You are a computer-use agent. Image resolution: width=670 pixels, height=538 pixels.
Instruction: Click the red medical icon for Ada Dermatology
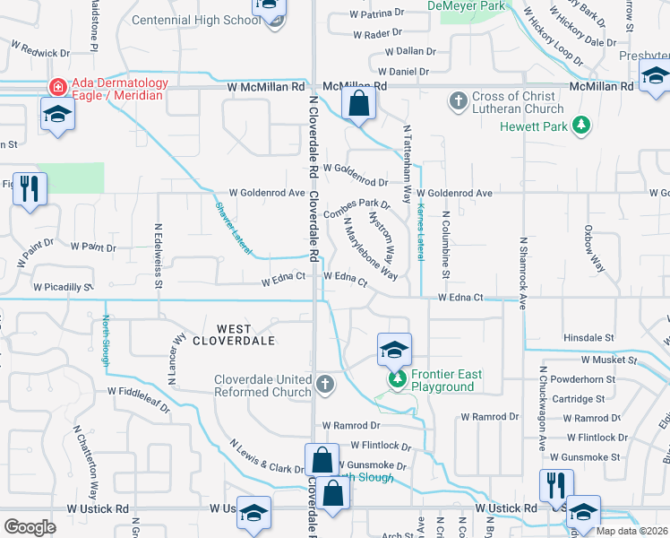57,87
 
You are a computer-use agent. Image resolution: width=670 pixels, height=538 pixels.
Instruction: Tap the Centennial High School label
195,20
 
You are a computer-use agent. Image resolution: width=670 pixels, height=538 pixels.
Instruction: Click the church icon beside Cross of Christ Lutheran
458,100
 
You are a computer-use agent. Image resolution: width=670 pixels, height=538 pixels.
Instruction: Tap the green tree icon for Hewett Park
582,126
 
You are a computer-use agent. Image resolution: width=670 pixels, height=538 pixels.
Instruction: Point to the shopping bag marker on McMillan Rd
358,103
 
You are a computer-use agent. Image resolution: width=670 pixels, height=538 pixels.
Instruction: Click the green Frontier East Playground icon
396,379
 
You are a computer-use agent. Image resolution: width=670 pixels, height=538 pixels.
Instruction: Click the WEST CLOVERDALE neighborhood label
231,334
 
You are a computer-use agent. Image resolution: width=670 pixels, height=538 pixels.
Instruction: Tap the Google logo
30,526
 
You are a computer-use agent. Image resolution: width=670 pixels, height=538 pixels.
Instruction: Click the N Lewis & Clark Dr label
267,456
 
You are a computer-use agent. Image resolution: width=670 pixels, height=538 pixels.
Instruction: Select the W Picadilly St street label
64,288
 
